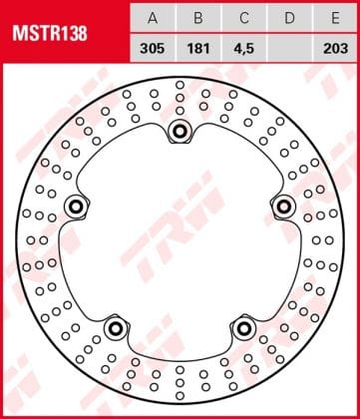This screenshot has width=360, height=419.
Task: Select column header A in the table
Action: click(152, 18)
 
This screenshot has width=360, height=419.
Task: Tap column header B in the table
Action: click(196, 18)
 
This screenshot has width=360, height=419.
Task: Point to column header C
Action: click(242, 18)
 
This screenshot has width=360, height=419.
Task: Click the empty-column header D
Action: click(288, 18)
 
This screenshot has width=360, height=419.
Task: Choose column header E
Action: click(334, 18)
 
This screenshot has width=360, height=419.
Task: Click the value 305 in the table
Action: click(152, 46)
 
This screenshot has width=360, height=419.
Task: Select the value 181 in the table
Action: click(196, 46)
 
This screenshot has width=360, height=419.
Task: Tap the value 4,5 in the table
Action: click(242, 46)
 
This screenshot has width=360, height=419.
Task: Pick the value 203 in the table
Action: click(334, 46)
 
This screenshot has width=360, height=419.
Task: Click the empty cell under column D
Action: click(288, 46)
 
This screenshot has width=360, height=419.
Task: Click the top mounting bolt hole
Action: click(180, 131)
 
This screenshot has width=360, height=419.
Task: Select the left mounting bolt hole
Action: click(75, 207)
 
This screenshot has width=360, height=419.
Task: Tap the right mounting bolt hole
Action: click(284, 207)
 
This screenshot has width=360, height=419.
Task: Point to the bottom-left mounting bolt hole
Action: click(115, 328)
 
